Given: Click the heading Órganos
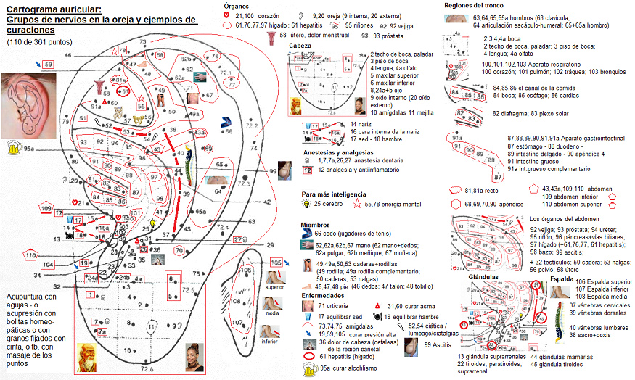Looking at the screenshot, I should point(237,6).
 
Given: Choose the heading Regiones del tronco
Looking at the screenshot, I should point(474,6).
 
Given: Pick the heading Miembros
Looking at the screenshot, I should point(315,225).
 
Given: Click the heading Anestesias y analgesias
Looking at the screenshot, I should point(339,152).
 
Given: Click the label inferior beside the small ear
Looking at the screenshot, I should point(270,341).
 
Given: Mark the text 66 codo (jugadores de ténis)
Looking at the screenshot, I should point(356,234).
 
